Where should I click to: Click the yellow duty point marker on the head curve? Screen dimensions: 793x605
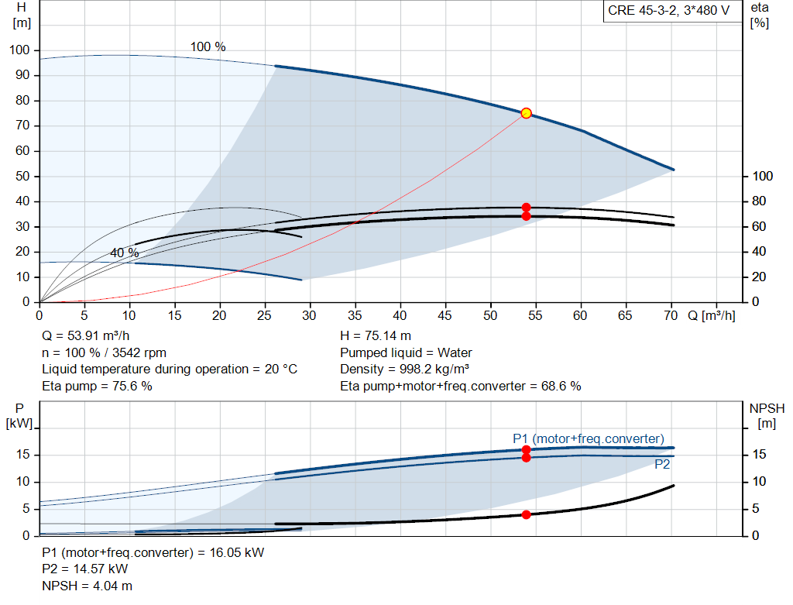526,113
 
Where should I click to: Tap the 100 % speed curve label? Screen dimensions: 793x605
208,47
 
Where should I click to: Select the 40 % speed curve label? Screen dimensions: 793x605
125,253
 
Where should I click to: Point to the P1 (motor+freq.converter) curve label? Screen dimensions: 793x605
589,438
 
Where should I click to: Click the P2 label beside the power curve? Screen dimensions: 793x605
662,464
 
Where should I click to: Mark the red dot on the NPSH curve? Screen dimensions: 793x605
526,514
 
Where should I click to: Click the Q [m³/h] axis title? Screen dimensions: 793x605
712,315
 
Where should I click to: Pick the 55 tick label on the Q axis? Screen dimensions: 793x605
535,315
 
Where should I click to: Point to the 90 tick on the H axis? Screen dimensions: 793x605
22,75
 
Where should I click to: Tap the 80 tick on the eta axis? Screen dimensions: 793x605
759,201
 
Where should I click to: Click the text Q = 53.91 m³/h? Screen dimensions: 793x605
85,336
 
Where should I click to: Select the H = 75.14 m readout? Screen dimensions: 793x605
376,336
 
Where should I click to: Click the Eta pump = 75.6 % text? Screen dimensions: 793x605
97,386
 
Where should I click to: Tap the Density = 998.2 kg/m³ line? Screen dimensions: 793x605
404,370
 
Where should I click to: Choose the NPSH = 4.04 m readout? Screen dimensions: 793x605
87,586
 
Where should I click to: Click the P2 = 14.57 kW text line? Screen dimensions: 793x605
85,569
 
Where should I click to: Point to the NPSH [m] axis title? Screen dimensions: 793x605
767,416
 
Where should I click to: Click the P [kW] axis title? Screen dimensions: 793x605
19,416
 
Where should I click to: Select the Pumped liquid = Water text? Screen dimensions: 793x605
406,352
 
